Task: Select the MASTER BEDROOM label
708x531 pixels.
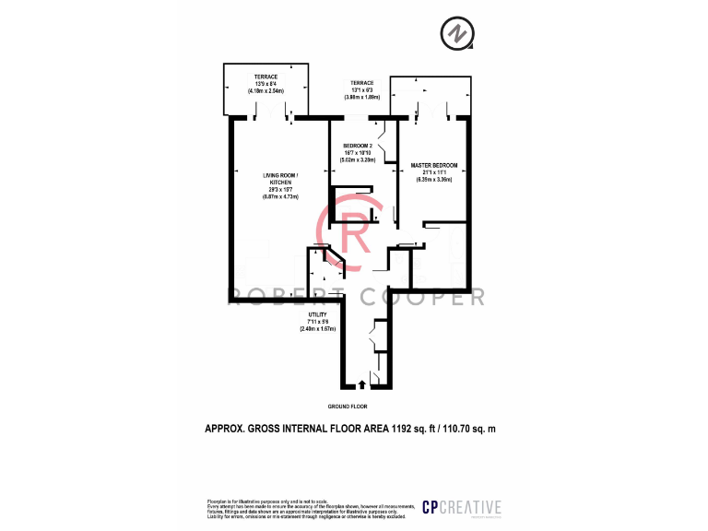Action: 433,166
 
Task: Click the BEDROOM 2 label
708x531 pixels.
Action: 357,146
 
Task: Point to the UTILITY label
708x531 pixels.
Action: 317,314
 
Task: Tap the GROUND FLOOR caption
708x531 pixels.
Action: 348,406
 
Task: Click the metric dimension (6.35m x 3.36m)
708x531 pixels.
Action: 433,180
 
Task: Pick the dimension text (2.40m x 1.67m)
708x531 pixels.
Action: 317,328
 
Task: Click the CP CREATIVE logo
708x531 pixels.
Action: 461,507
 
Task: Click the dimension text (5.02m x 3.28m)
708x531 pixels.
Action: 357,159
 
